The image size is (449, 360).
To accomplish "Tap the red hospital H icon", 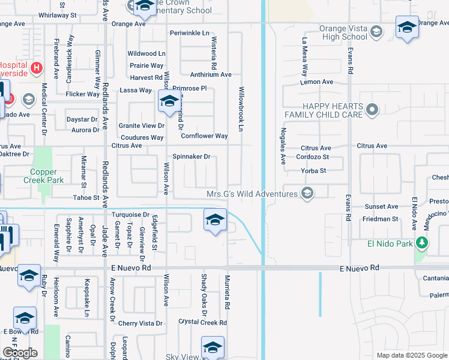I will tap(37, 68).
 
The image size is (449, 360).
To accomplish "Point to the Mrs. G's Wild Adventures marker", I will tap(308, 193).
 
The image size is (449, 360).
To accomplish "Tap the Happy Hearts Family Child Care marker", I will tap(372, 110).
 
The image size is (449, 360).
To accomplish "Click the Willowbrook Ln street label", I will tap(243, 112).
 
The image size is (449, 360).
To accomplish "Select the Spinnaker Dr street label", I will tap(191, 157).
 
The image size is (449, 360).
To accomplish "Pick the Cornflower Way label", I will tap(204, 136).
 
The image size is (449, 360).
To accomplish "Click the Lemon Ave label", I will tap(317, 82).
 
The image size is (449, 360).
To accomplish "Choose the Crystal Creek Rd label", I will tap(203, 322).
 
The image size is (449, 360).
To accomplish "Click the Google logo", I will tap(20, 353).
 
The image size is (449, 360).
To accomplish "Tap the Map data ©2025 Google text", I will tap(411, 355).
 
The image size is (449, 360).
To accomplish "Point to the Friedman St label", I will tap(380, 219).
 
